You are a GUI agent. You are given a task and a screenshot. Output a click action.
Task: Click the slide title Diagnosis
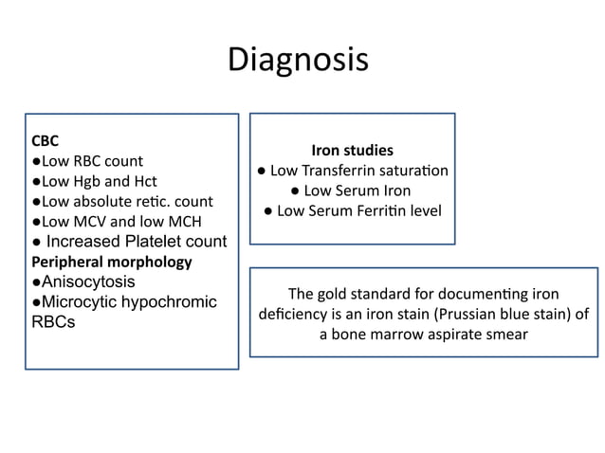click(x=298, y=61)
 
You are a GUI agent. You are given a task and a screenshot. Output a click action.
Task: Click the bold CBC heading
click(x=46, y=141)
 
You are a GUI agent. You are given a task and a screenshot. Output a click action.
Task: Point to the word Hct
click(x=144, y=181)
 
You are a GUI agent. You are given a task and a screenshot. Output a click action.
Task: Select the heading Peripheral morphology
click(x=112, y=261)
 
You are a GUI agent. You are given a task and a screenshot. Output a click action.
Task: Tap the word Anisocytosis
click(x=87, y=281)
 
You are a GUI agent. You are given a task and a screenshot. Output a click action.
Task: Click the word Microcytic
click(x=78, y=301)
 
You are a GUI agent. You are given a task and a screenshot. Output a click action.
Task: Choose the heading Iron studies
click(x=352, y=151)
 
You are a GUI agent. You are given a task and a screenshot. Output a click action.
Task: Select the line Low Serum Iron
click(x=351, y=190)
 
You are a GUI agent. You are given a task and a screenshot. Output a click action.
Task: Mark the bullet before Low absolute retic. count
click(x=35, y=202)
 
